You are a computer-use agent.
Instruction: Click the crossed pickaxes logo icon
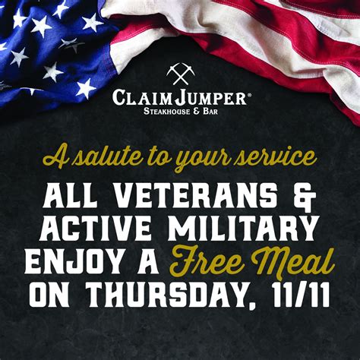pyautogui.click(x=180, y=74)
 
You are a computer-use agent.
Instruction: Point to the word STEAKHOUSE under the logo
pyautogui.click(x=170, y=112)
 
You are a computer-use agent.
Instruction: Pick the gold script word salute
pyautogui.click(x=103, y=159)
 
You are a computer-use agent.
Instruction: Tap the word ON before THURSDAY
pyautogui.click(x=47, y=295)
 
